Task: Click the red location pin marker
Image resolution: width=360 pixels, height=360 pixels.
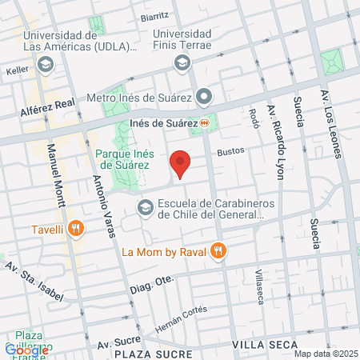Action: (x=180, y=162)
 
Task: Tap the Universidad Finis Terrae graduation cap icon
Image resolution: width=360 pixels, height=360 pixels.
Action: (x=182, y=62)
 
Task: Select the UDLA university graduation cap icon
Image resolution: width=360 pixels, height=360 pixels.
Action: (x=46, y=62)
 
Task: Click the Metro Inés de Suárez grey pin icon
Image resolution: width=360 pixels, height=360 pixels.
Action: (x=206, y=98)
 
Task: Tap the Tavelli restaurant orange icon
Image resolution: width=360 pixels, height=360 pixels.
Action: (x=75, y=228)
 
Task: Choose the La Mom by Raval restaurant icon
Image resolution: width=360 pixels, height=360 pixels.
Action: (x=218, y=251)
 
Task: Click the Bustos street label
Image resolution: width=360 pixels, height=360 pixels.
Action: (x=229, y=150)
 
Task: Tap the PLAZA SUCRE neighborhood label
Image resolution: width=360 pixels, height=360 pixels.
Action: (x=153, y=353)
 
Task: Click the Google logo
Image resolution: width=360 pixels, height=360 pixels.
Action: (x=26, y=350)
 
